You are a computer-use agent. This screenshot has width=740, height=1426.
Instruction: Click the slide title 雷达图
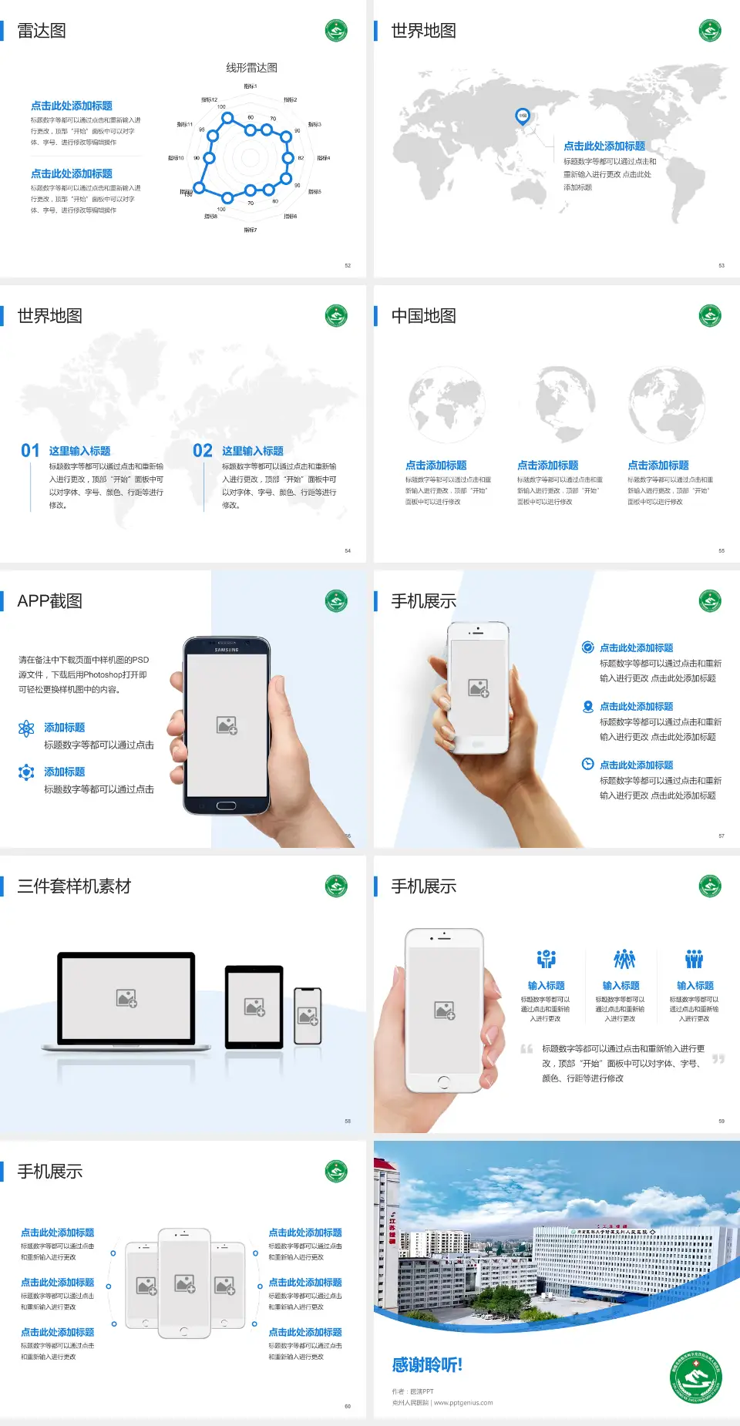42,31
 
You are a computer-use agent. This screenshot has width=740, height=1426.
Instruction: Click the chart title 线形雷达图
251,68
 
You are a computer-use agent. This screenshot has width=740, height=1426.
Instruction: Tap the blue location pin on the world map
522,116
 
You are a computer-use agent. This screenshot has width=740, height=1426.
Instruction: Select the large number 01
30,451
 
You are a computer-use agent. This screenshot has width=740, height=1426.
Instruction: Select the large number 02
203,451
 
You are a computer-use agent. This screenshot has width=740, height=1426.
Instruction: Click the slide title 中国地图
423,316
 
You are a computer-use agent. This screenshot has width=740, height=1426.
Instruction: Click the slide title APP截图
49,601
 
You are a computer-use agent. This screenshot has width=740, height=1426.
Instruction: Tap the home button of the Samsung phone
226,805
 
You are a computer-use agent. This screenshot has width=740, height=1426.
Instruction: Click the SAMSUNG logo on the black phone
227,650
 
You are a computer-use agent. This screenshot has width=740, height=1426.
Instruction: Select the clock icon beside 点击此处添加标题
587,764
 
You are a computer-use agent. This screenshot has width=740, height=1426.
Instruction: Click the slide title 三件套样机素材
74,886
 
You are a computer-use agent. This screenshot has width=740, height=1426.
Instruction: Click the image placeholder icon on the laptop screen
126,998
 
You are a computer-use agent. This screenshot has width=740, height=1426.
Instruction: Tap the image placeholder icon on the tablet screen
254,1007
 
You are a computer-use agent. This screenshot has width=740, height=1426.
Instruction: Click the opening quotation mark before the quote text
526,1049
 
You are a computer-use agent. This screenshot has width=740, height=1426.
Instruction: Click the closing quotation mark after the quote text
718,1059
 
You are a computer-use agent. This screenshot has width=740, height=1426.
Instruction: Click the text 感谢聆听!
427,1365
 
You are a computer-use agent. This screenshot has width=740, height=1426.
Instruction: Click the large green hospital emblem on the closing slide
696,1377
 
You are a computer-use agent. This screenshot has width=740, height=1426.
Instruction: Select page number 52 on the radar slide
348,265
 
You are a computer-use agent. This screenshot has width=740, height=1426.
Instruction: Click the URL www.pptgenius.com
463,1403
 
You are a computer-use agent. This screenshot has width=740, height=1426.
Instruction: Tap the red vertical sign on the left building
392,1230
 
